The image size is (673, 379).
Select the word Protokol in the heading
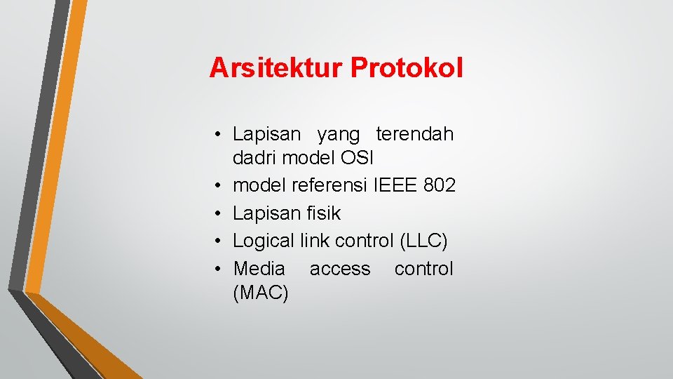407,68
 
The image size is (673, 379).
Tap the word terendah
414,133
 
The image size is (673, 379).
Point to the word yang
338,133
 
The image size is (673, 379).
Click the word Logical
264,241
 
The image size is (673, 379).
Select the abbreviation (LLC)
423,241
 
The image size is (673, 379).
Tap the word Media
259,268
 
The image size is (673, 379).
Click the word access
340,268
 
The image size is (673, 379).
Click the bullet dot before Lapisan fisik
219,213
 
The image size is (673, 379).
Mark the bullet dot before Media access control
219,269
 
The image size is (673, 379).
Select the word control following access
423,268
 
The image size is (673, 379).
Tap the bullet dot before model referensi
219,186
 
